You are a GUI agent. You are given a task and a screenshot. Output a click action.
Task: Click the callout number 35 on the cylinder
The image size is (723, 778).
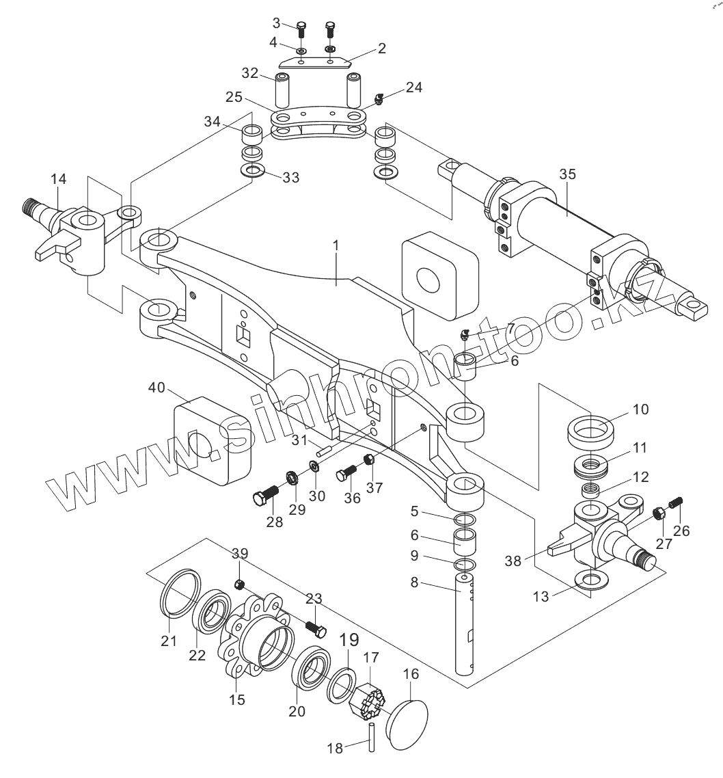pos(567,174)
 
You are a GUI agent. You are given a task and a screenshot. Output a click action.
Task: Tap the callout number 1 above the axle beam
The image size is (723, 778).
pos(336,245)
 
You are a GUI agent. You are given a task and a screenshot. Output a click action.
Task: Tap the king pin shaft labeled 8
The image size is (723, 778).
pos(465,623)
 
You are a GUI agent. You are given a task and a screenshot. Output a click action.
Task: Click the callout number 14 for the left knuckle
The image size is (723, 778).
pos(59,178)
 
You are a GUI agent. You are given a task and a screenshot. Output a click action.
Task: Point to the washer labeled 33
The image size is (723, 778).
pos(252,172)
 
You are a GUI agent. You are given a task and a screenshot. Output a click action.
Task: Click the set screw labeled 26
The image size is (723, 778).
pos(676,502)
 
